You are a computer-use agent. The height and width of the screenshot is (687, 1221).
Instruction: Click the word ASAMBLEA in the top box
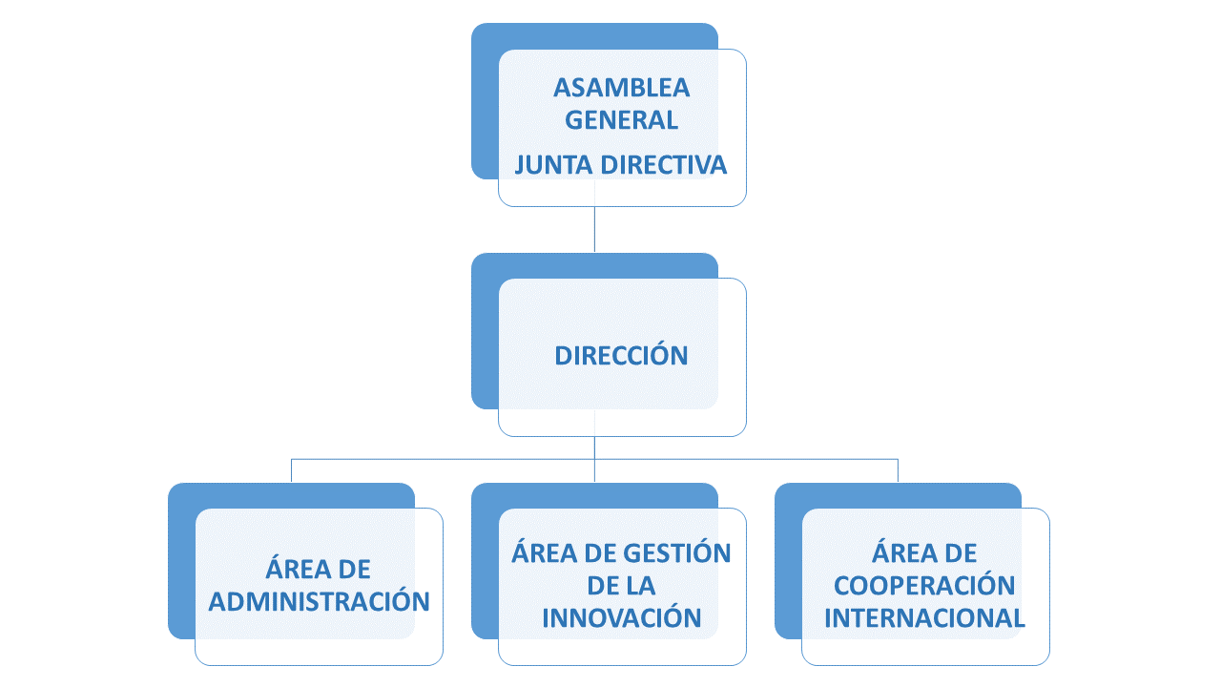(x=621, y=88)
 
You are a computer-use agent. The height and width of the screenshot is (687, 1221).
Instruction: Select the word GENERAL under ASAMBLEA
(x=621, y=120)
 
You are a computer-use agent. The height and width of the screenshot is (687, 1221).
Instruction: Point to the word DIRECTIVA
(x=663, y=165)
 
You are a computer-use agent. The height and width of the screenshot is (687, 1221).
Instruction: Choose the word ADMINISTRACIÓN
(x=320, y=602)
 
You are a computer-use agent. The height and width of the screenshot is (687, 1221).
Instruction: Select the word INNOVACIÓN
(x=621, y=617)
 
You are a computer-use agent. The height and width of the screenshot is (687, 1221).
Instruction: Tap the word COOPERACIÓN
(x=924, y=586)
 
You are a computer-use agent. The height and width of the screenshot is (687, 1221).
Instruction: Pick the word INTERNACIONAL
(x=924, y=618)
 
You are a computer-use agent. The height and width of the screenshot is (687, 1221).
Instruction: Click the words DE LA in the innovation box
(x=621, y=586)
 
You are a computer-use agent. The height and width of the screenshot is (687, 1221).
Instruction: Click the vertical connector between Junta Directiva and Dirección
(x=594, y=229)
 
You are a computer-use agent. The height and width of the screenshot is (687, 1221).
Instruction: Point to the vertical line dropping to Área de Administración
(x=291, y=470)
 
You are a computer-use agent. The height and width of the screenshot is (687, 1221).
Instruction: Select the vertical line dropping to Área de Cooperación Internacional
(x=898, y=470)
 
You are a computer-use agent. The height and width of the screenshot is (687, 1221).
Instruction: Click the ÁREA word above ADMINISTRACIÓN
(x=295, y=569)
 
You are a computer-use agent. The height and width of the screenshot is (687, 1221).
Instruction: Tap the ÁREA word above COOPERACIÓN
(x=900, y=552)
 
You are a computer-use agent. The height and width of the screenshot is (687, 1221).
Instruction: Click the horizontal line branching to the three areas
(x=594, y=459)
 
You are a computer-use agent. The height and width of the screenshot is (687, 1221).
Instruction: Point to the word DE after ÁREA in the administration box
(x=354, y=570)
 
